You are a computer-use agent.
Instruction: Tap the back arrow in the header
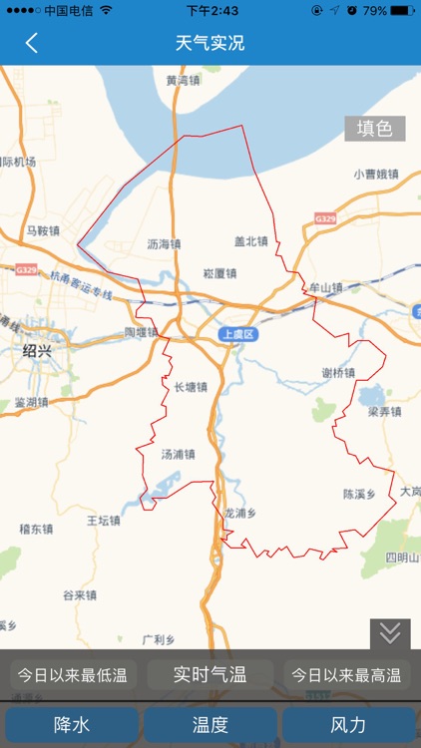32,43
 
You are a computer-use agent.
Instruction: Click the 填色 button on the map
375,129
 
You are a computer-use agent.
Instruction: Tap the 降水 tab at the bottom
72,725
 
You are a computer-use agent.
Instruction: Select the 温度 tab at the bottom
210,725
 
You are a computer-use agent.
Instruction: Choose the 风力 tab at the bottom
348,725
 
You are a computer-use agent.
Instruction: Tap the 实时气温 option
210,675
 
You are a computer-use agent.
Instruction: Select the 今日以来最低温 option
73,675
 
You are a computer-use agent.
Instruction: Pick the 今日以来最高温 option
346,675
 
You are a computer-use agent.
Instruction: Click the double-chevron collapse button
390,633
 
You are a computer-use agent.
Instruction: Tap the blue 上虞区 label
238,335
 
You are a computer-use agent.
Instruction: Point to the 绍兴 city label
38,351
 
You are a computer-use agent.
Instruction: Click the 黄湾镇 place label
185,80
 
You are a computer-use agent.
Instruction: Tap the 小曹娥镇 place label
375,174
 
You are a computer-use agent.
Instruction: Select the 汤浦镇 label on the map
178,454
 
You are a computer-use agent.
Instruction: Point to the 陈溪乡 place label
359,494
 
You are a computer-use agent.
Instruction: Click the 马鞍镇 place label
44,231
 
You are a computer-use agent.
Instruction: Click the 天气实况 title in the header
210,43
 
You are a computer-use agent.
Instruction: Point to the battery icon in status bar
402,10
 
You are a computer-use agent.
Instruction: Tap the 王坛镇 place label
103,520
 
